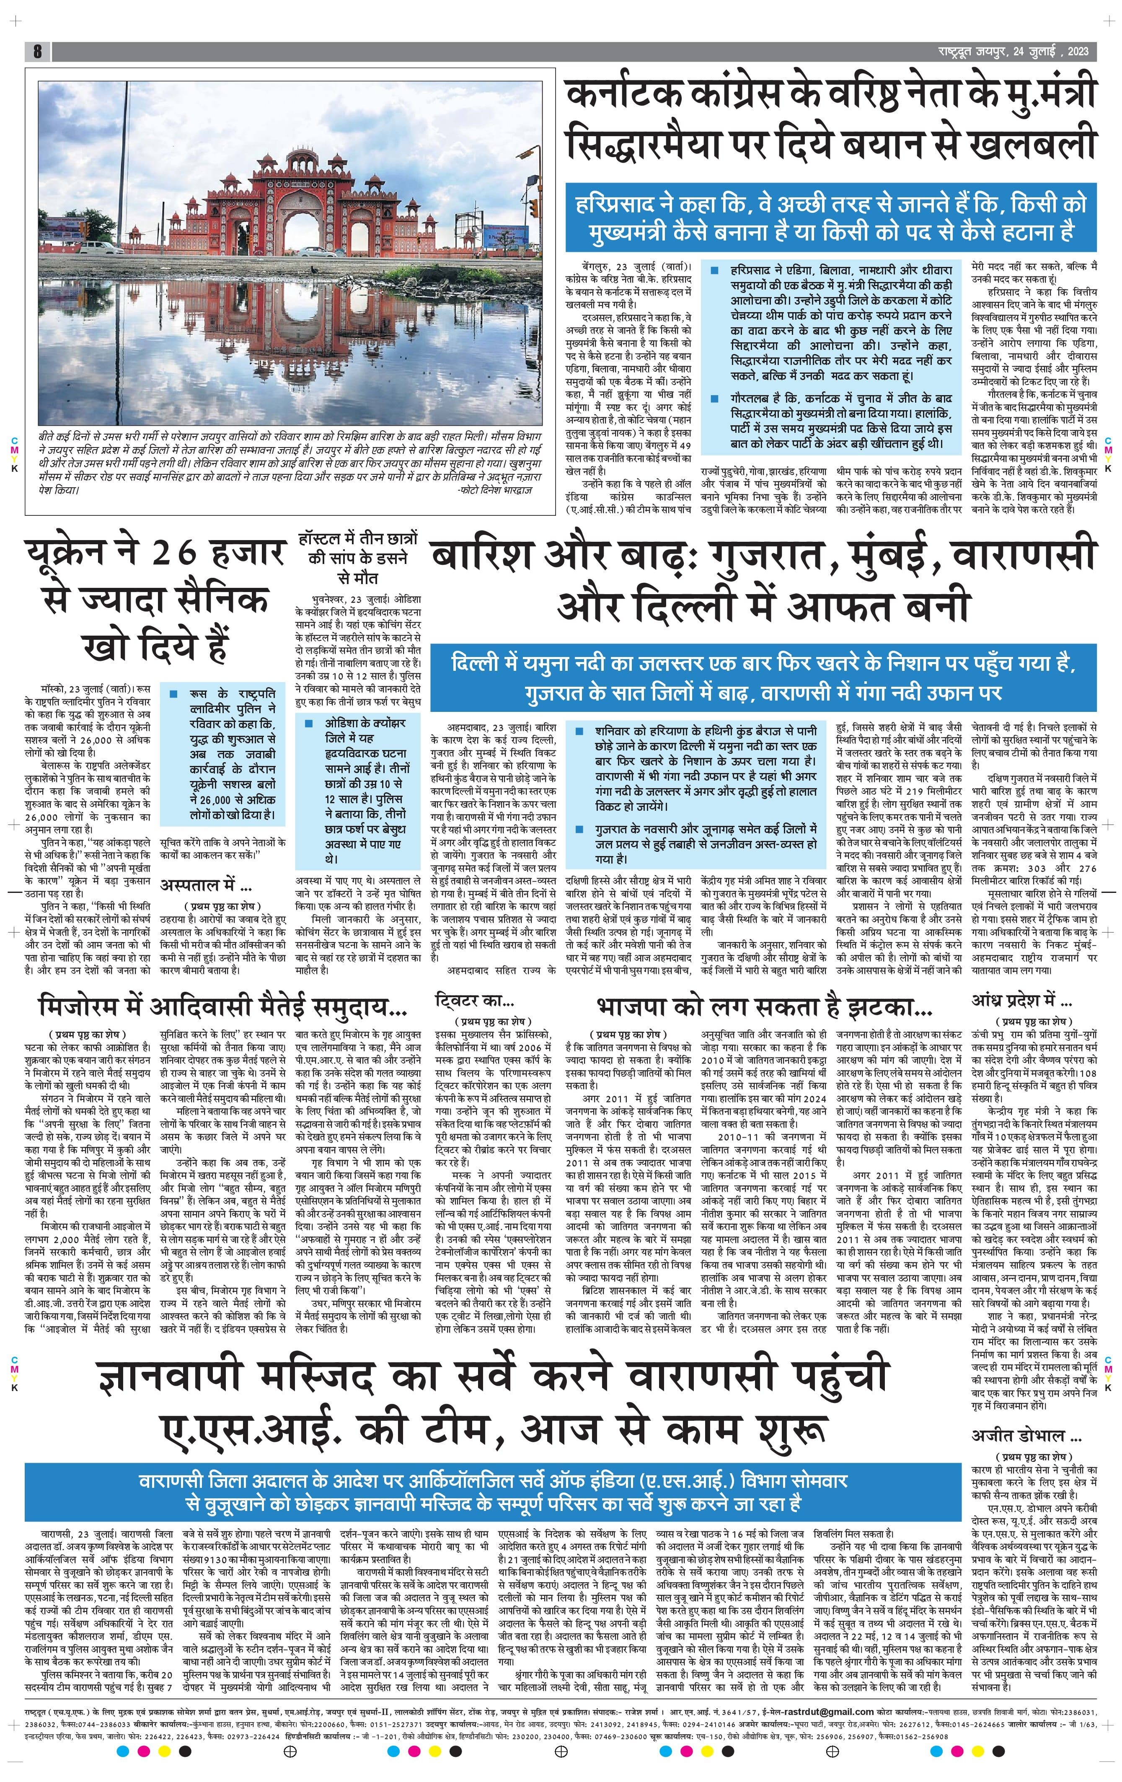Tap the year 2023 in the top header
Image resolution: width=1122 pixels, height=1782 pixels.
click(1078, 51)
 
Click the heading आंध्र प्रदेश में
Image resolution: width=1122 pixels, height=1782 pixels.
click(1021, 1001)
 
